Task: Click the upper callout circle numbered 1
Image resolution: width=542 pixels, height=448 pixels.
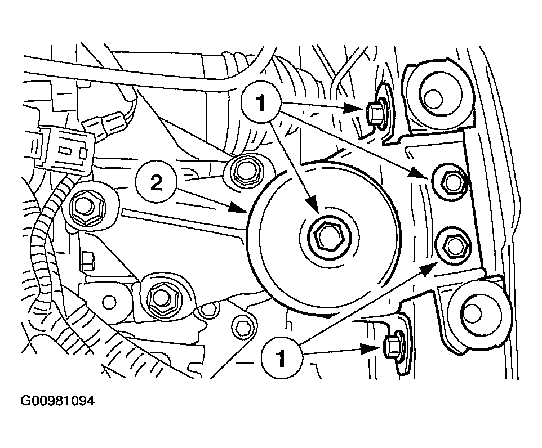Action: coord(261,102)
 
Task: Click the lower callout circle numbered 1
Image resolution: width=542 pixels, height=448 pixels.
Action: coord(282,358)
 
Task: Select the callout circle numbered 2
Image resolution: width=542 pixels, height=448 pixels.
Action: coord(156,183)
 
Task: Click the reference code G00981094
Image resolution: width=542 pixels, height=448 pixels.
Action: coord(57,401)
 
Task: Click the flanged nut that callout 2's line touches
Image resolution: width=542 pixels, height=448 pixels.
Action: coord(245,172)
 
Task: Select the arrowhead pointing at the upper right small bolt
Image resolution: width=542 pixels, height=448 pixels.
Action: coord(354,109)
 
